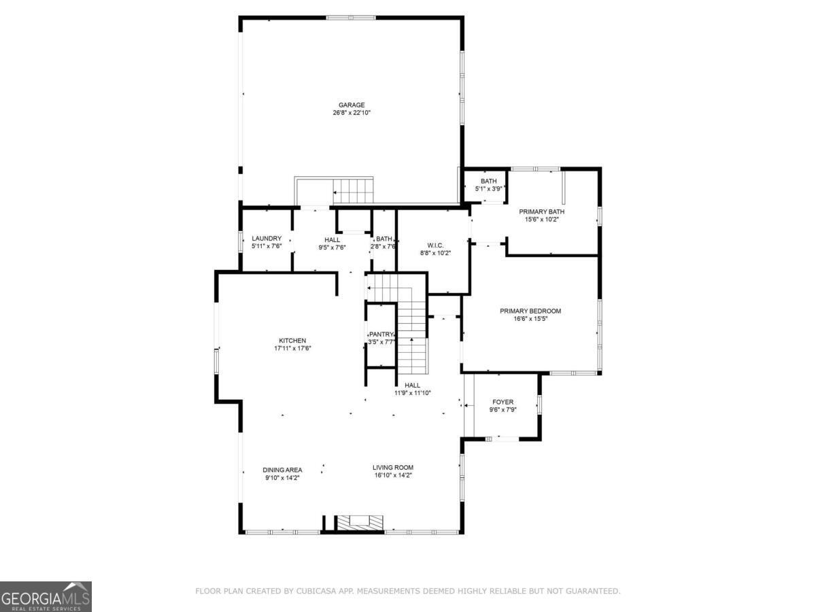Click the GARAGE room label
(352, 105)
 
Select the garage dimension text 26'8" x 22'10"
(352, 113)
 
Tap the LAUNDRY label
(266, 239)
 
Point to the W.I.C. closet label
(435, 245)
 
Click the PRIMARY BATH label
(541, 211)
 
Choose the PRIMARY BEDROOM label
(530, 311)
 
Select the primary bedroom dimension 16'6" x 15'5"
(530, 319)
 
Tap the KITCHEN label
(292, 341)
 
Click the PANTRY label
(381, 335)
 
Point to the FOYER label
(503, 402)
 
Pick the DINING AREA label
(283, 470)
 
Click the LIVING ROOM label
(392, 467)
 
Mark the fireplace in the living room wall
(361, 522)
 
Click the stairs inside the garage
(352, 190)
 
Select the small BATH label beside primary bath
(488, 181)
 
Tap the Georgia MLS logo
(46, 596)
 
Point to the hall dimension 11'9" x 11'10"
(413, 393)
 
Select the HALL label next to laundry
(333, 240)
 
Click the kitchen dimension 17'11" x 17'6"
(292, 349)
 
